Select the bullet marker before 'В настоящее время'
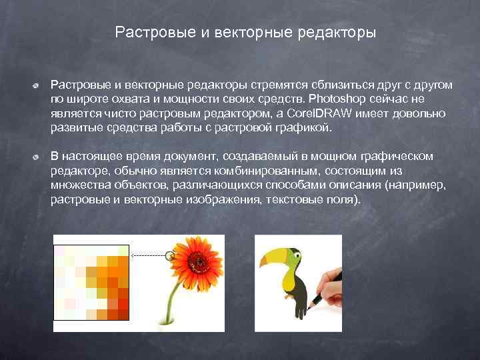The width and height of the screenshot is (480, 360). point(39,157)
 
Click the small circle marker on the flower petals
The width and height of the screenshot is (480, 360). point(170,255)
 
